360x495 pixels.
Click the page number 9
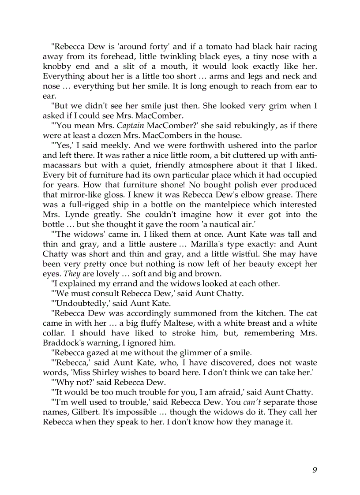(315, 469)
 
